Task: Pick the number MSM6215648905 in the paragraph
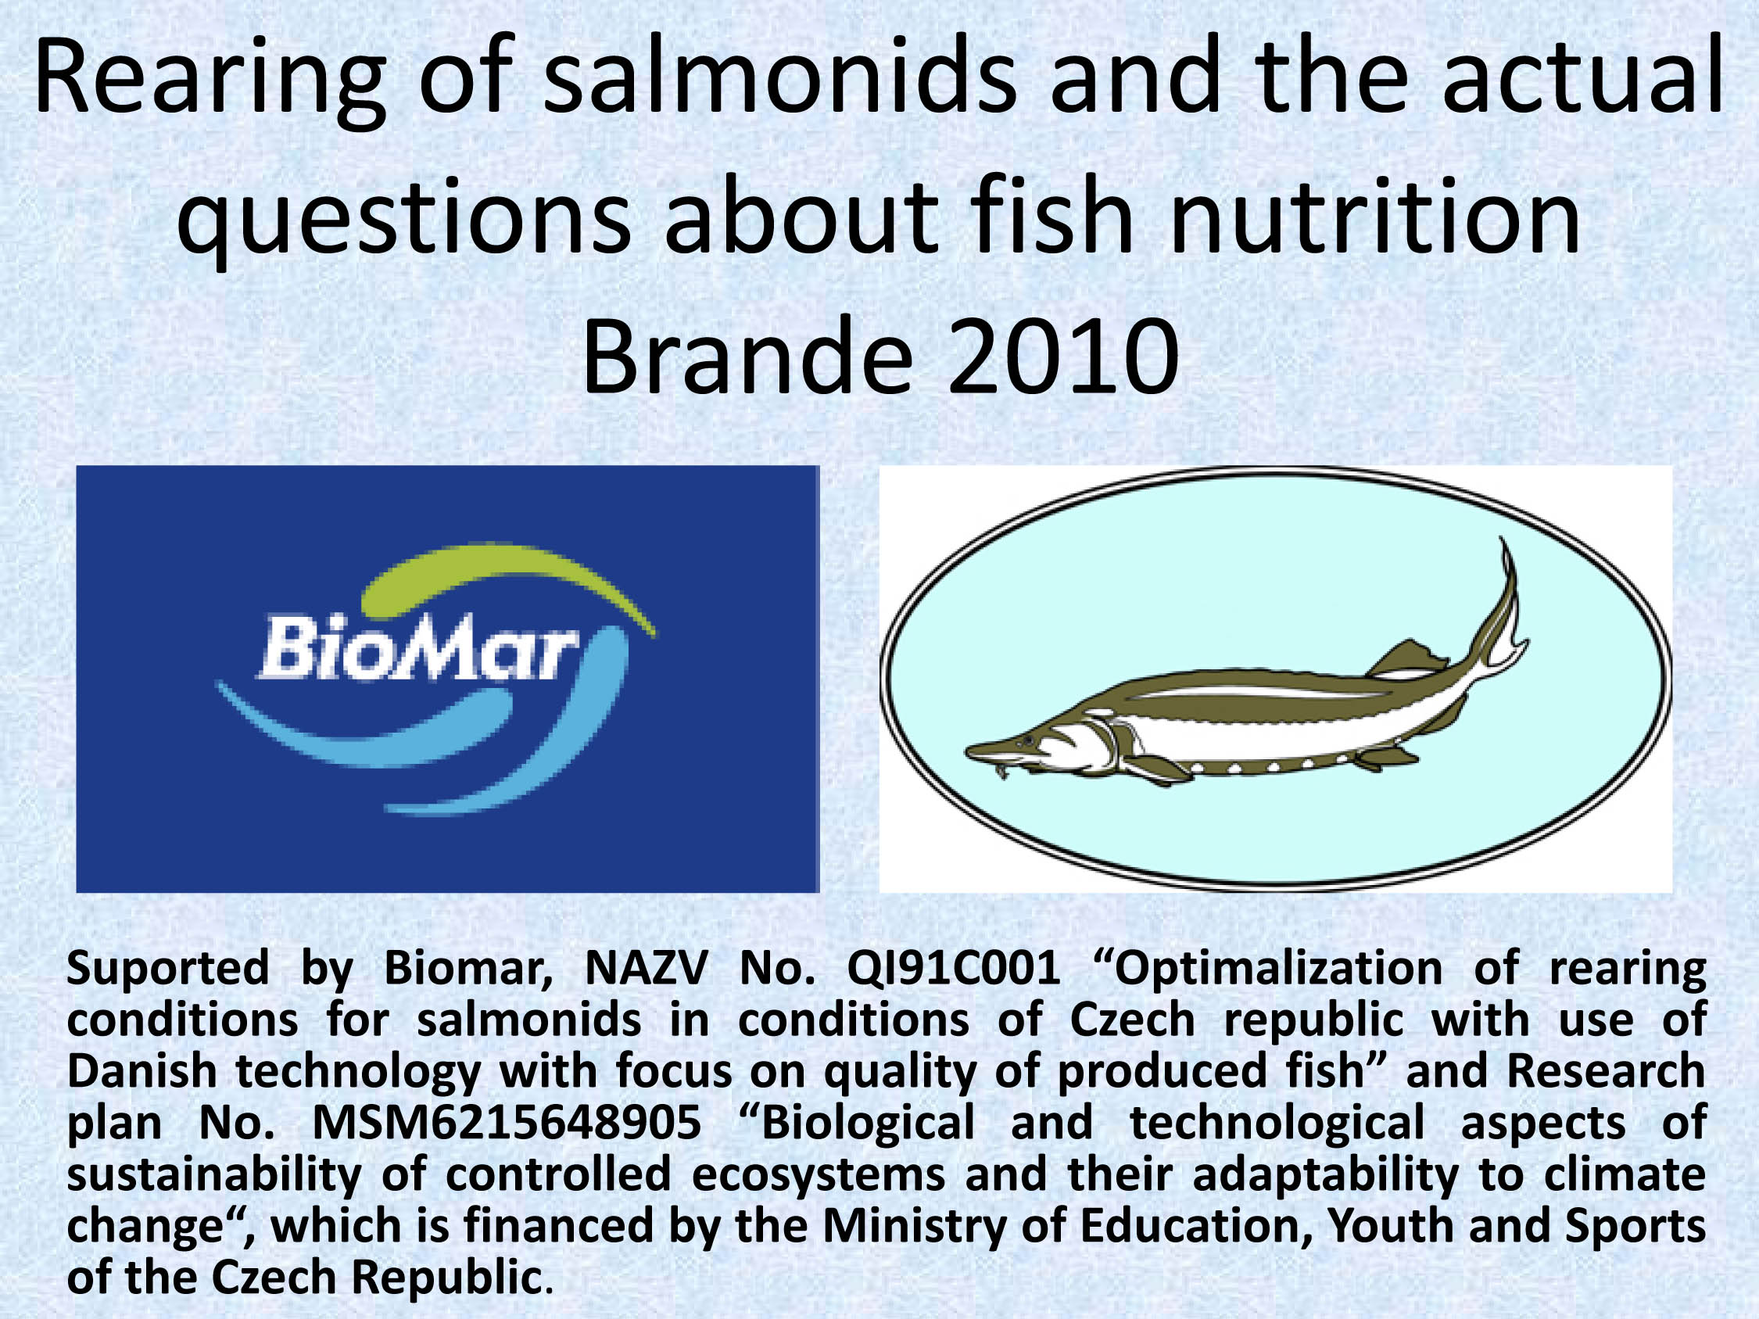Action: click(x=507, y=1124)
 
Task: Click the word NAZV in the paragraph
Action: click(x=646, y=970)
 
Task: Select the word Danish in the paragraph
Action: click(x=142, y=1072)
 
